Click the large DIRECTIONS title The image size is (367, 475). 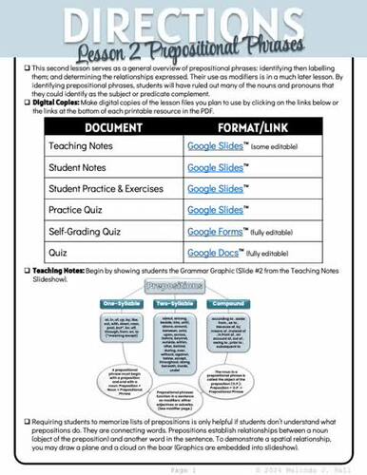183,21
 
